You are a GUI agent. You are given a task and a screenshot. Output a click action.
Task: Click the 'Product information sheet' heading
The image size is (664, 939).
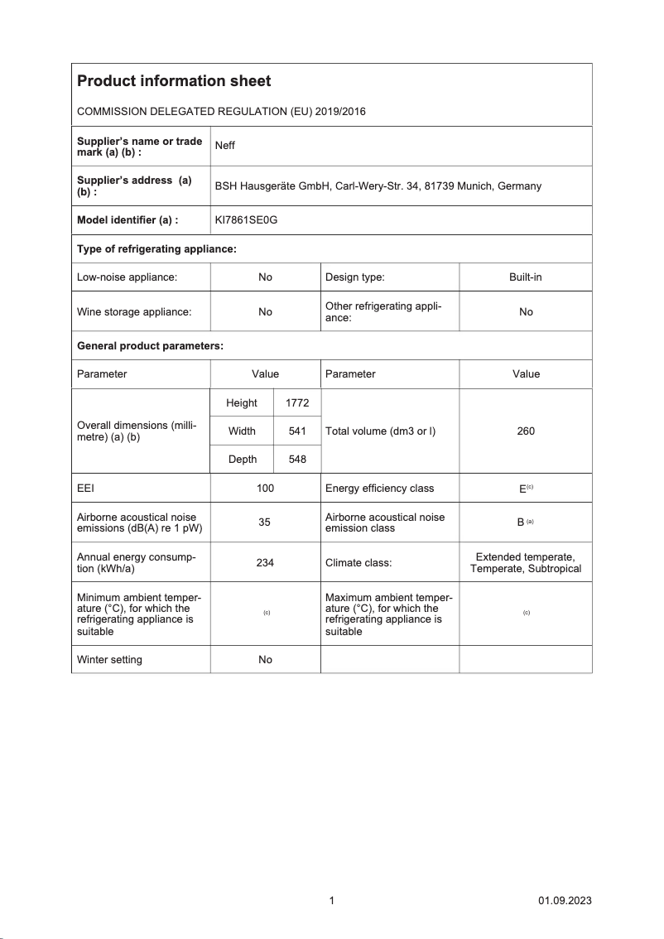pos(174,81)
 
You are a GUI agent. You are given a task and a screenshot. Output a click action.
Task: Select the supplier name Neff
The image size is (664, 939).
pos(224,146)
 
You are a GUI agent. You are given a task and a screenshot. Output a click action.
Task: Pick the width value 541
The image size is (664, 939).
pos(296,431)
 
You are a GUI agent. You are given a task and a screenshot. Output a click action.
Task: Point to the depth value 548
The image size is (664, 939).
pos(296,459)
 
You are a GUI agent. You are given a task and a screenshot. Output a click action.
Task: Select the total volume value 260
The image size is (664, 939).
pos(526,431)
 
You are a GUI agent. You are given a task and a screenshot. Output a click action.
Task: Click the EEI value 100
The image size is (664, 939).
pos(265,489)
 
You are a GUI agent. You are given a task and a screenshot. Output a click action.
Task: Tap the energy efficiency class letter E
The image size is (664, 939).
pos(522,489)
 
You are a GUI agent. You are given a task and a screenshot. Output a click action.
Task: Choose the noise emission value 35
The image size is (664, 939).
pos(265,522)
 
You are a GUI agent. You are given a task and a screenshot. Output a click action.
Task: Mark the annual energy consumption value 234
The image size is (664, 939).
pos(265,562)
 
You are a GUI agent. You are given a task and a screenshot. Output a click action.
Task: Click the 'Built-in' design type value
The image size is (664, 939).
pos(526,277)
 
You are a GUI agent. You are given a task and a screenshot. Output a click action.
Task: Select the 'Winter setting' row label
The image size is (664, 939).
pos(109,660)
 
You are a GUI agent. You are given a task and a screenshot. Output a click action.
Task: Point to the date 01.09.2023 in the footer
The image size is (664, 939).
pos(565,901)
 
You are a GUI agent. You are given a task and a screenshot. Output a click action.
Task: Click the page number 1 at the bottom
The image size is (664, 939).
pos(331,901)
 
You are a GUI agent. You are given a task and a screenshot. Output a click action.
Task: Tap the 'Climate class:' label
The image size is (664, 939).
pos(358,562)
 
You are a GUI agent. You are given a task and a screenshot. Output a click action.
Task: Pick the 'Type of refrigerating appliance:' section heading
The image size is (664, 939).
pos(157,249)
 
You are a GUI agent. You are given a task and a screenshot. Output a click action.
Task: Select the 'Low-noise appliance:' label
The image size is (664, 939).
pos(128,277)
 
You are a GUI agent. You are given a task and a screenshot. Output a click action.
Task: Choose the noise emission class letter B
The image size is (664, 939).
pos(521,522)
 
